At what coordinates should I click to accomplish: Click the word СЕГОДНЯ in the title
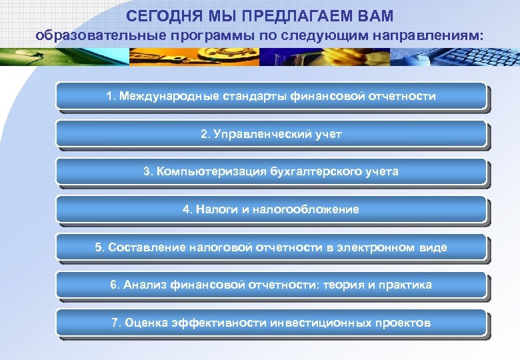pos(159,15)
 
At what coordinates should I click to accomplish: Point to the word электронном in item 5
pos(376,247)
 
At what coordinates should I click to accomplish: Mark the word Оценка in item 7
pos(145,323)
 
